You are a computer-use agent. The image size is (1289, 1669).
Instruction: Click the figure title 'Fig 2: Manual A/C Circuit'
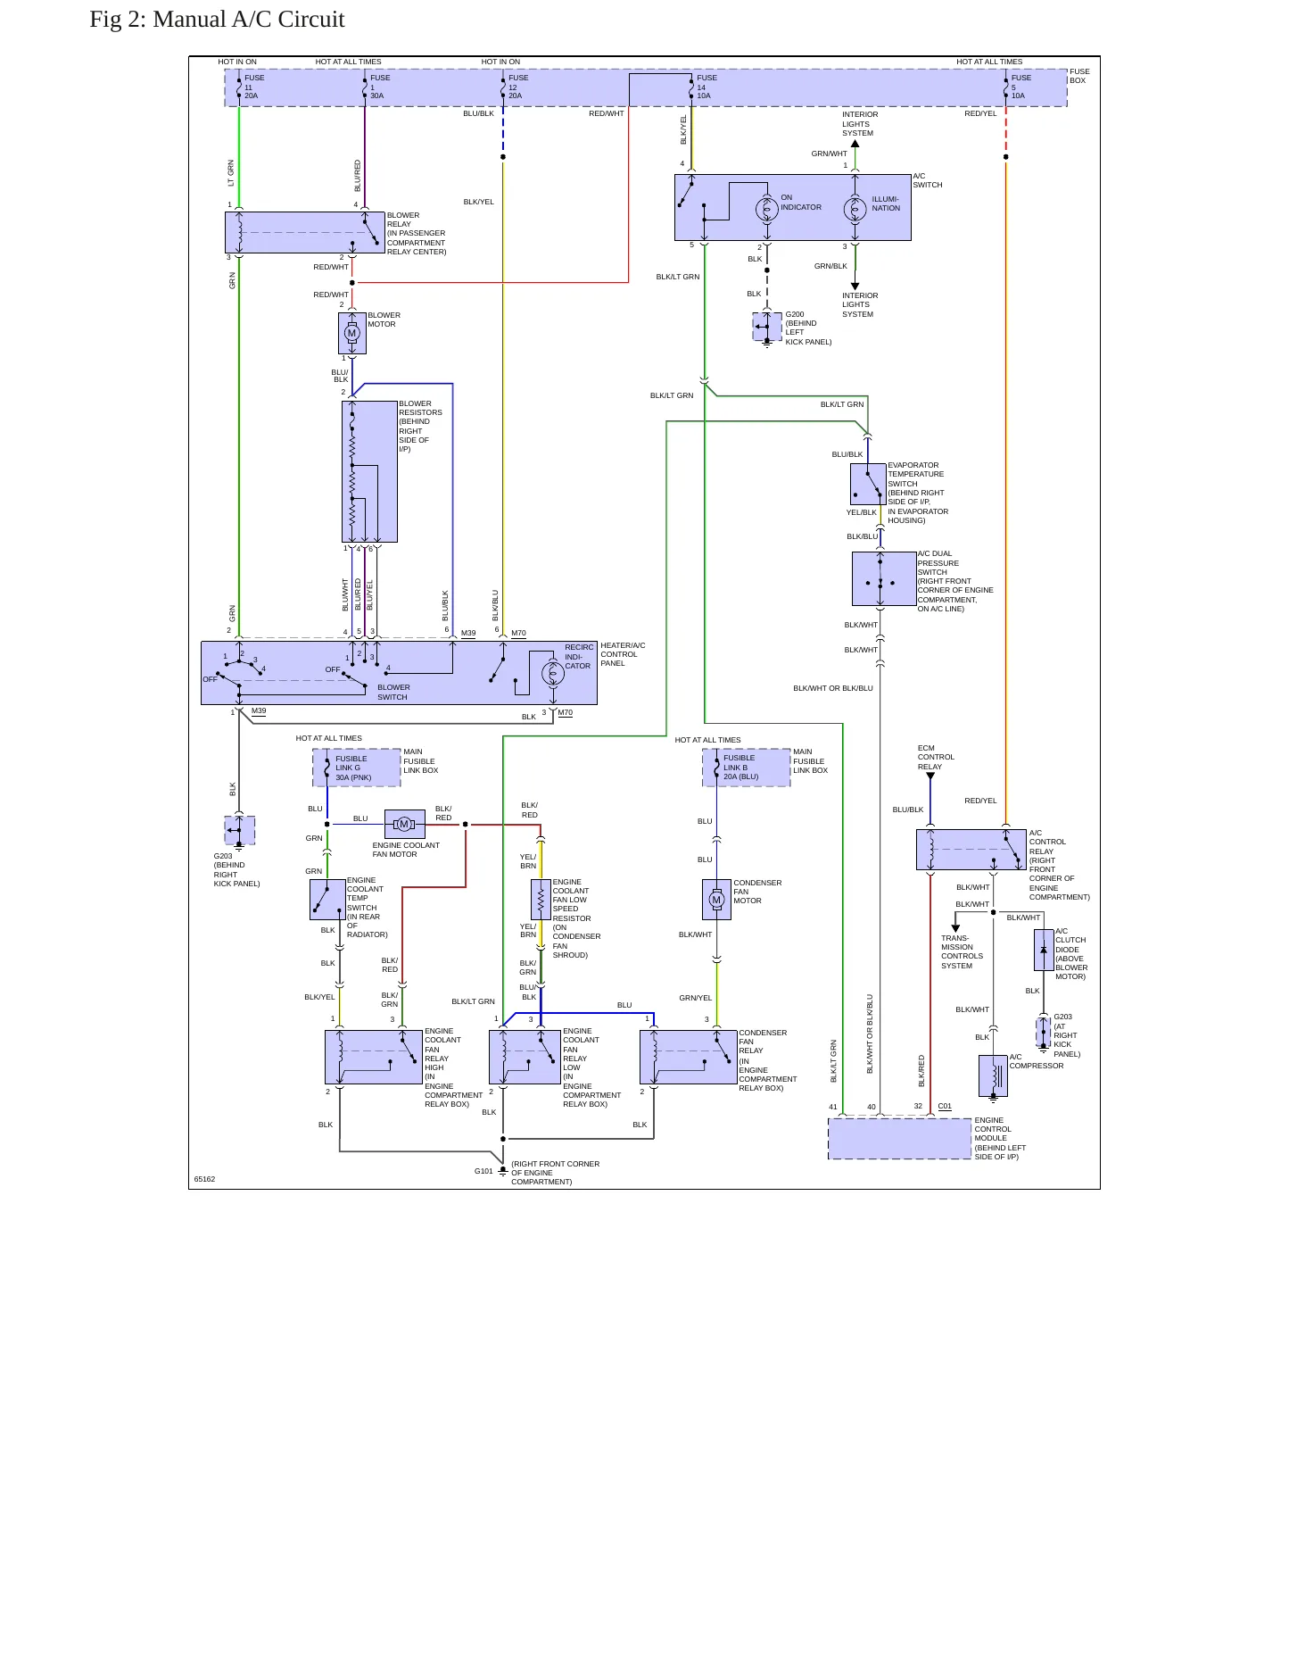coord(217,20)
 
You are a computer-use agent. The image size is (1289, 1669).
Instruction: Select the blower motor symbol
coord(352,333)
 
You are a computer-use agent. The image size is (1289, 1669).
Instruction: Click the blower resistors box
coord(369,471)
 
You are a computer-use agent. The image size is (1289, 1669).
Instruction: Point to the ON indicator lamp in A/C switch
coord(766,209)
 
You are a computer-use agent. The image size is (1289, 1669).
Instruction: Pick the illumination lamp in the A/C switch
coord(855,209)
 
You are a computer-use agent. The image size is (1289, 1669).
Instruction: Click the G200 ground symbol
coord(767,327)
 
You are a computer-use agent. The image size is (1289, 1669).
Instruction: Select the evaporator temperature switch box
coord(868,484)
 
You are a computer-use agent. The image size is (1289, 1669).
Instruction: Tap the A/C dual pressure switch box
coord(884,578)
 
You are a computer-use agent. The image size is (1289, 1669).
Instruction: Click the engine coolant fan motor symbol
coord(404,824)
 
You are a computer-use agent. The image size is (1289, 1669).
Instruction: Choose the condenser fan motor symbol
coord(716,900)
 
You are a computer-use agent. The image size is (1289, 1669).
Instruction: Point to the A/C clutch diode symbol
coord(1044,950)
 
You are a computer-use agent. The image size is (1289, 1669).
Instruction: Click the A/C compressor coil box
coord(993,1075)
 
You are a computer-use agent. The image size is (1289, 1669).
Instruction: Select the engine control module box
coord(899,1139)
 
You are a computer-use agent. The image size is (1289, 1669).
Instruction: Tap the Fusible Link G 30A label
coord(353,768)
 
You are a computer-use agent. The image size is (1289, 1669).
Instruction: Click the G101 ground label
coord(483,1171)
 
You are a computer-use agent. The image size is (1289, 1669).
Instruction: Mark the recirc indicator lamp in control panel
coord(553,673)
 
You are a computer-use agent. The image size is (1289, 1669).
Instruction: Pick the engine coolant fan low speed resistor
coord(541,899)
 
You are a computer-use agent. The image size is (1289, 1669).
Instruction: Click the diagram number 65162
coord(204,1179)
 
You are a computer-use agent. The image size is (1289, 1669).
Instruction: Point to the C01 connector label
coord(945,1106)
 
